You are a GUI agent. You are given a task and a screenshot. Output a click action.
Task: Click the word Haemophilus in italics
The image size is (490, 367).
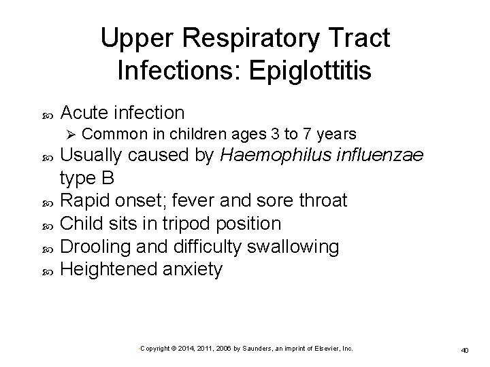point(270,156)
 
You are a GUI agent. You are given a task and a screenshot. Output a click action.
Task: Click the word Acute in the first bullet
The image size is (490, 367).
point(85,111)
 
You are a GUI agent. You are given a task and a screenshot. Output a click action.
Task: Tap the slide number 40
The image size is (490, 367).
point(465,349)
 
